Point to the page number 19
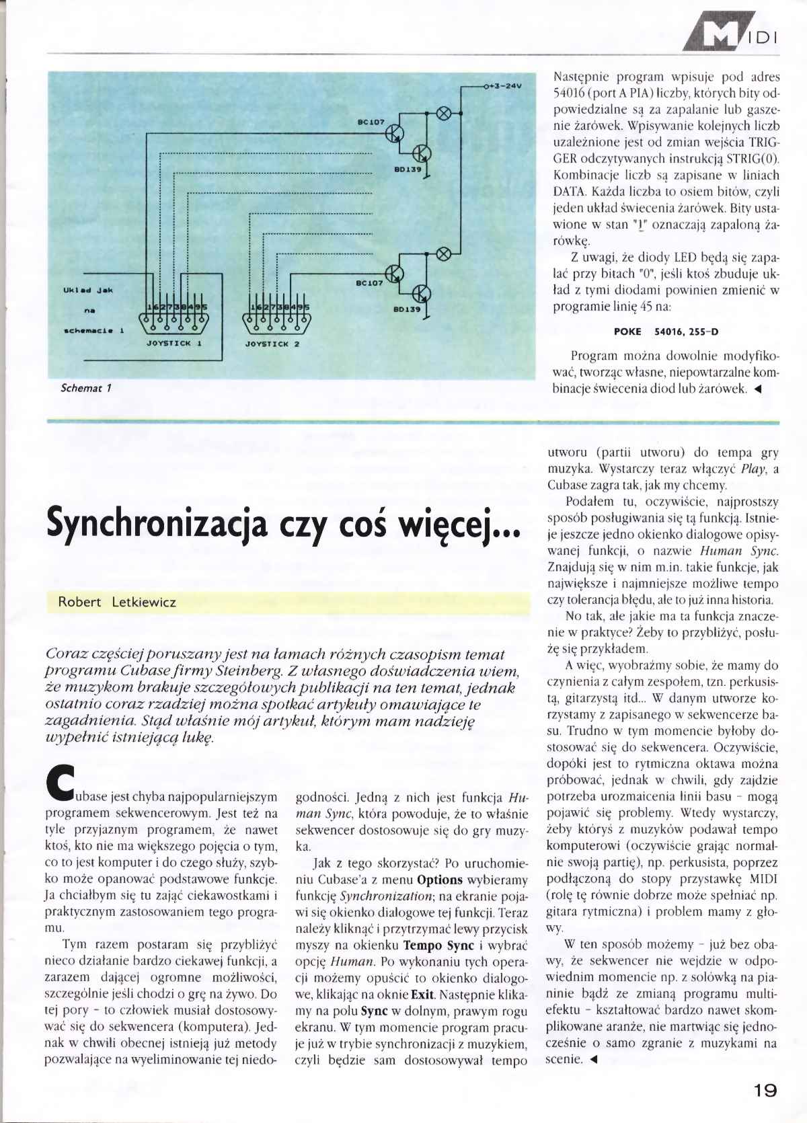coord(765,1091)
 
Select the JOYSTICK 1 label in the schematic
coord(174,343)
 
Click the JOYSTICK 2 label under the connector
coord(272,344)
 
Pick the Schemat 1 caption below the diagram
coord(86,388)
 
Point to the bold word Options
coord(440,880)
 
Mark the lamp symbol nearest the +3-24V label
coord(444,112)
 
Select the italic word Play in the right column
coord(753,469)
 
